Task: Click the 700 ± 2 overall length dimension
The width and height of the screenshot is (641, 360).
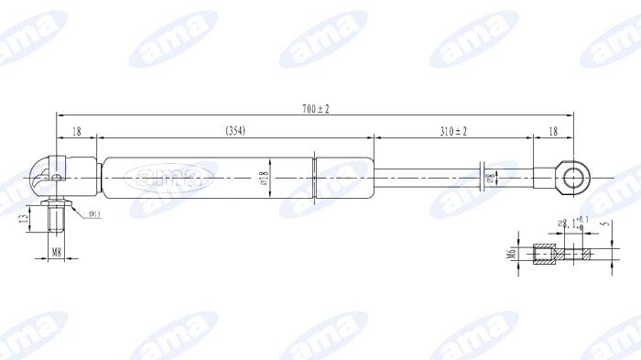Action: click(315, 108)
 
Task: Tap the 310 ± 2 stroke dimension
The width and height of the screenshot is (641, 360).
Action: click(452, 132)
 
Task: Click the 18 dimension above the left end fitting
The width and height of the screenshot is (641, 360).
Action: click(77, 132)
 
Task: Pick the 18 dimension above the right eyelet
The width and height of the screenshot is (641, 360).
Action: click(552, 132)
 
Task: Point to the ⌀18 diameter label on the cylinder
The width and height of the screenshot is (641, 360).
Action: click(264, 178)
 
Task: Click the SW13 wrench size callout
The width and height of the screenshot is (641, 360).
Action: click(95, 214)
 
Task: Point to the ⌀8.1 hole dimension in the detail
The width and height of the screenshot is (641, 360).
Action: click(573, 223)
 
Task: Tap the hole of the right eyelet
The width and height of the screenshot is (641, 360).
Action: click(573, 176)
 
